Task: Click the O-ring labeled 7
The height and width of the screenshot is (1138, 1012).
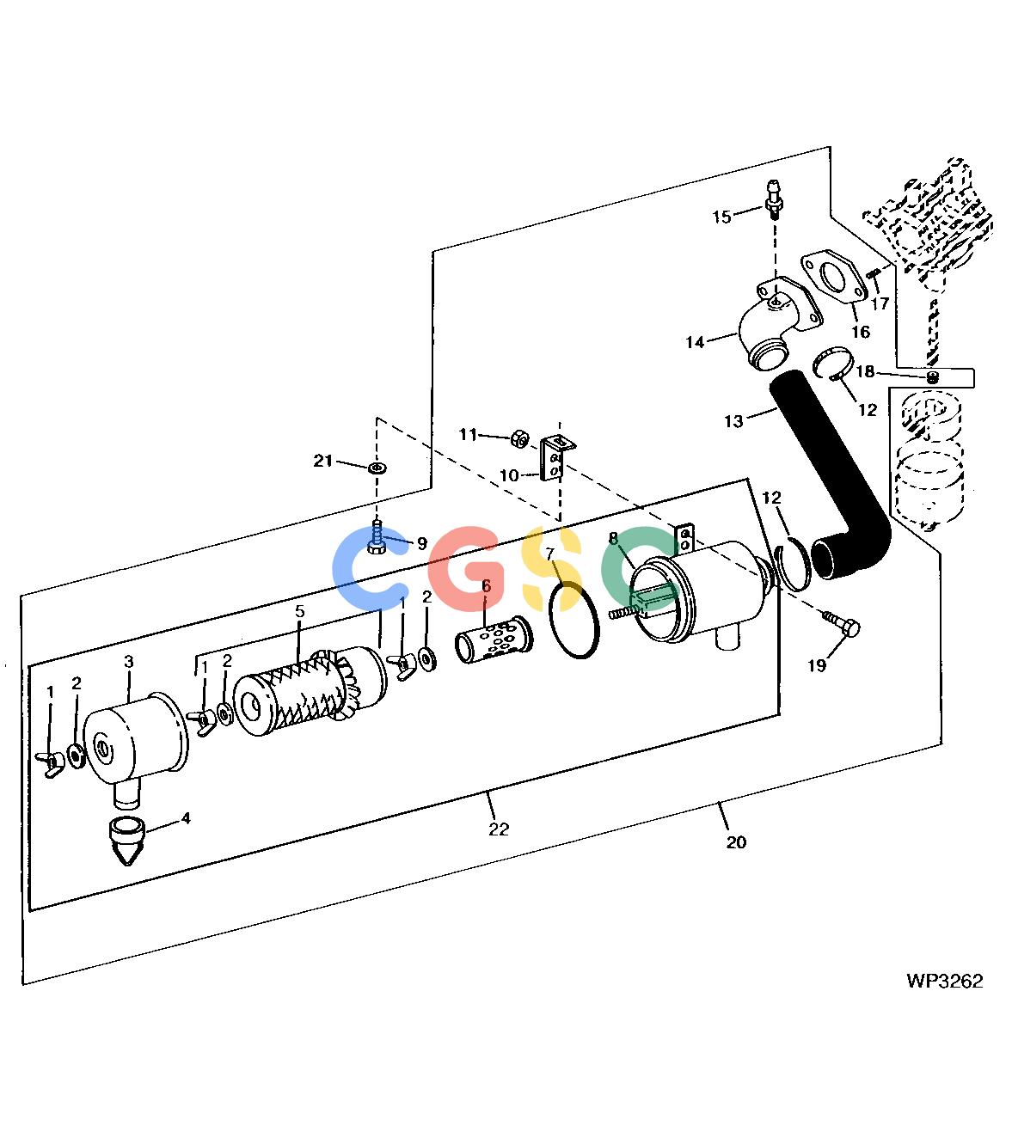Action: point(573,620)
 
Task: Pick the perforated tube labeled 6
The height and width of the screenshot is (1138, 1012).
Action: point(494,639)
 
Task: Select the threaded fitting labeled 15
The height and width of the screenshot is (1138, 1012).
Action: point(775,200)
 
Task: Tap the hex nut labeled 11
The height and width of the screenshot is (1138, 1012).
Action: point(520,438)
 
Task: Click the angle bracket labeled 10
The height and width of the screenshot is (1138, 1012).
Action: point(554,460)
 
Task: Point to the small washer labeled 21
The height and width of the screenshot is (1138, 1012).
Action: point(376,467)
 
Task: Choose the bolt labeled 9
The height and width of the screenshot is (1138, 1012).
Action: point(377,537)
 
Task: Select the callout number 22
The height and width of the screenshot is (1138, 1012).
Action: point(499,829)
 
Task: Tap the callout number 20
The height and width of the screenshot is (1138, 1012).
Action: point(736,841)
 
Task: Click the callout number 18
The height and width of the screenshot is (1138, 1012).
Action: point(865,371)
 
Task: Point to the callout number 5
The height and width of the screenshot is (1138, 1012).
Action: point(299,610)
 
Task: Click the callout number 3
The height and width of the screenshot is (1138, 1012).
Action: point(129,661)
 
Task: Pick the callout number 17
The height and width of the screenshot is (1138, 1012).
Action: point(880,303)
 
